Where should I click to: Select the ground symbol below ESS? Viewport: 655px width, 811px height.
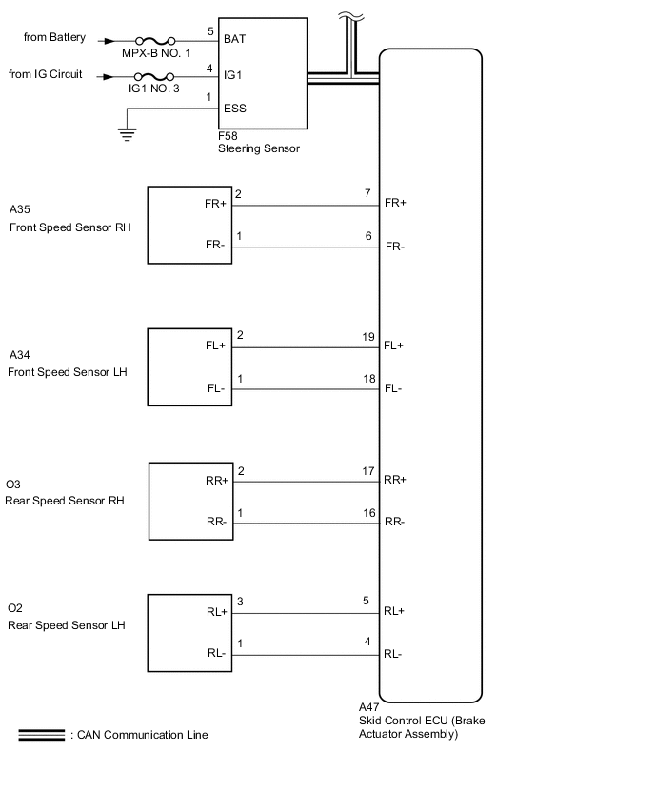(x=127, y=134)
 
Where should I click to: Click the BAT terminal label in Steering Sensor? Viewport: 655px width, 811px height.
(x=234, y=40)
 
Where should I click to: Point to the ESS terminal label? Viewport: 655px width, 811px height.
(x=234, y=109)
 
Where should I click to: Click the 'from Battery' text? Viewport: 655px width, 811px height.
(x=54, y=38)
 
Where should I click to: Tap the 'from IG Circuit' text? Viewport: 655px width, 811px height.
(x=46, y=74)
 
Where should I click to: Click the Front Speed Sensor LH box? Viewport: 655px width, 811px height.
(x=189, y=366)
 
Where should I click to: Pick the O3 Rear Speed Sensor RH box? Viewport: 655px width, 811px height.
(x=189, y=502)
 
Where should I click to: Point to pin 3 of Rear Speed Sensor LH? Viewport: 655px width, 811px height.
(x=239, y=603)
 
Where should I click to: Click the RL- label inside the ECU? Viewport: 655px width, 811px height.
(x=392, y=654)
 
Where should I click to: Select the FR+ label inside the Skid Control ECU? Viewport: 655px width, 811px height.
(x=394, y=204)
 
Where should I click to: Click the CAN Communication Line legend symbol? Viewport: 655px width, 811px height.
(x=41, y=735)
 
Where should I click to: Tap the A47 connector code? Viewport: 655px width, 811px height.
(x=369, y=707)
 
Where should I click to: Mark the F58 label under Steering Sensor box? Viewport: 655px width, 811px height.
(x=228, y=136)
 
